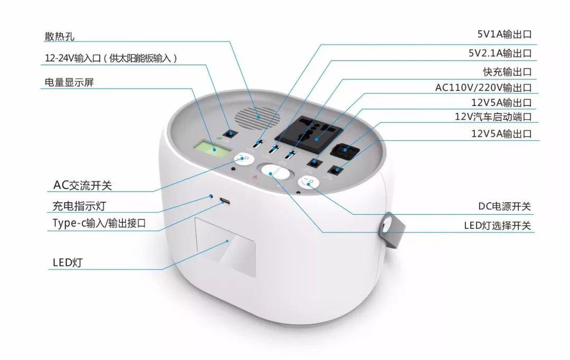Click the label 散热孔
[x=60, y=36]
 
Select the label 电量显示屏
[x=69, y=82]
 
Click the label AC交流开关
[x=82, y=185]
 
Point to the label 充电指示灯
[x=79, y=206]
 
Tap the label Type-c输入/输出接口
[x=99, y=223]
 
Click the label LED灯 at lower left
[x=68, y=262]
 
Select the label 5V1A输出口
[x=504, y=34]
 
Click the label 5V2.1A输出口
[x=500, y=53]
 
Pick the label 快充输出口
[x=507, y=72]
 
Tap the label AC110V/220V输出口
[x=483, y=88]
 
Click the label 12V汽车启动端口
[x=493, y=117]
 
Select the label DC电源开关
[x=504, y=206]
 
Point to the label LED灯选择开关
[x=497, y=225]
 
